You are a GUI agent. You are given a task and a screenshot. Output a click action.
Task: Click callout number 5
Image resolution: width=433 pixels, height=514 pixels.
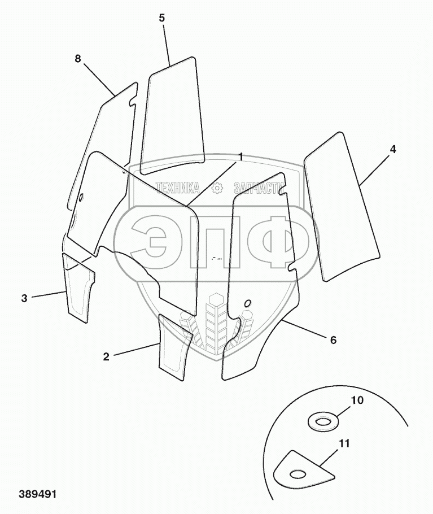tap(161, 18)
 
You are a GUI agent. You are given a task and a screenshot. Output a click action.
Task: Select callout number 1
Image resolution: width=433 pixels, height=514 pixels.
tap(240, 156)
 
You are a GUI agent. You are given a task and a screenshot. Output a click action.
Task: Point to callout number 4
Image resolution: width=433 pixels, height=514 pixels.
tap(392, 150)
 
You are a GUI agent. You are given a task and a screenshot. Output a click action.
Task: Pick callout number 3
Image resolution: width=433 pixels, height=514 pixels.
tap(24, 298)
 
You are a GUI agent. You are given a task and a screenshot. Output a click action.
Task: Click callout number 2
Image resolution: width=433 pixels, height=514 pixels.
tap(106, 356)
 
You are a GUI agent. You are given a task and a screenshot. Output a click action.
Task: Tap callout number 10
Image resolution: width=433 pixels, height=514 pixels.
tap(357, 400)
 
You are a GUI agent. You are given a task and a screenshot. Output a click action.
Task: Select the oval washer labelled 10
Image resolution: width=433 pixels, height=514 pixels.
tap(322, 421)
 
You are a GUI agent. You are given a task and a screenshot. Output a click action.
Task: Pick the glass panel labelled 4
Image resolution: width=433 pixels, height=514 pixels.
tap(340, 206)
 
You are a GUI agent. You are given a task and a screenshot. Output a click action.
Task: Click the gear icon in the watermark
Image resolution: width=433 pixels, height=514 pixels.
tap(216, 189)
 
